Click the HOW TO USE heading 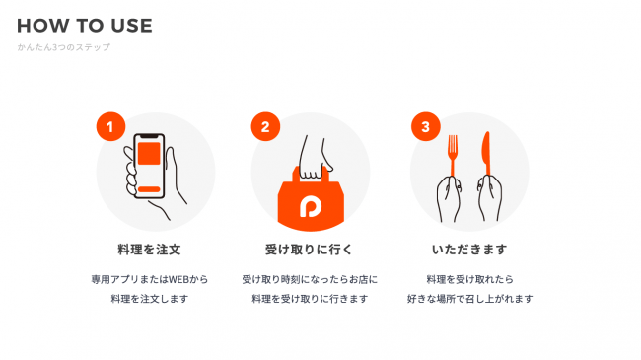tap(85, 26)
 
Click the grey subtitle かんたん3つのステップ tap(64, 47)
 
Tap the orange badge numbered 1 tap(110, 127)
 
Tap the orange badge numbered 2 tap(265, 127)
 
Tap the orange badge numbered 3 tap(426, 127)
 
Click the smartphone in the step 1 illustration tap(149, 166)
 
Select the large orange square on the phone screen tap(149, 154)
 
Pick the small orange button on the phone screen tap(149, 189)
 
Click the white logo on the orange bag tap(311, 207)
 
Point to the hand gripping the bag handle tap(314, 160)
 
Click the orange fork tap(453, 156)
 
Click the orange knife tap(486, 154)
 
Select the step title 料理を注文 tap(149, 250)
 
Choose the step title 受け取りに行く tap(309, 250)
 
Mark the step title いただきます tap(469, 250)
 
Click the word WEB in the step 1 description tap(178, 279)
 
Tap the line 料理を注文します tap(150, 299)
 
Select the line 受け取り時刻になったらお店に tap(310, 279)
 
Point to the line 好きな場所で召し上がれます tap(469, 299)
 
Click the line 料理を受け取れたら tap(469, 279)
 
